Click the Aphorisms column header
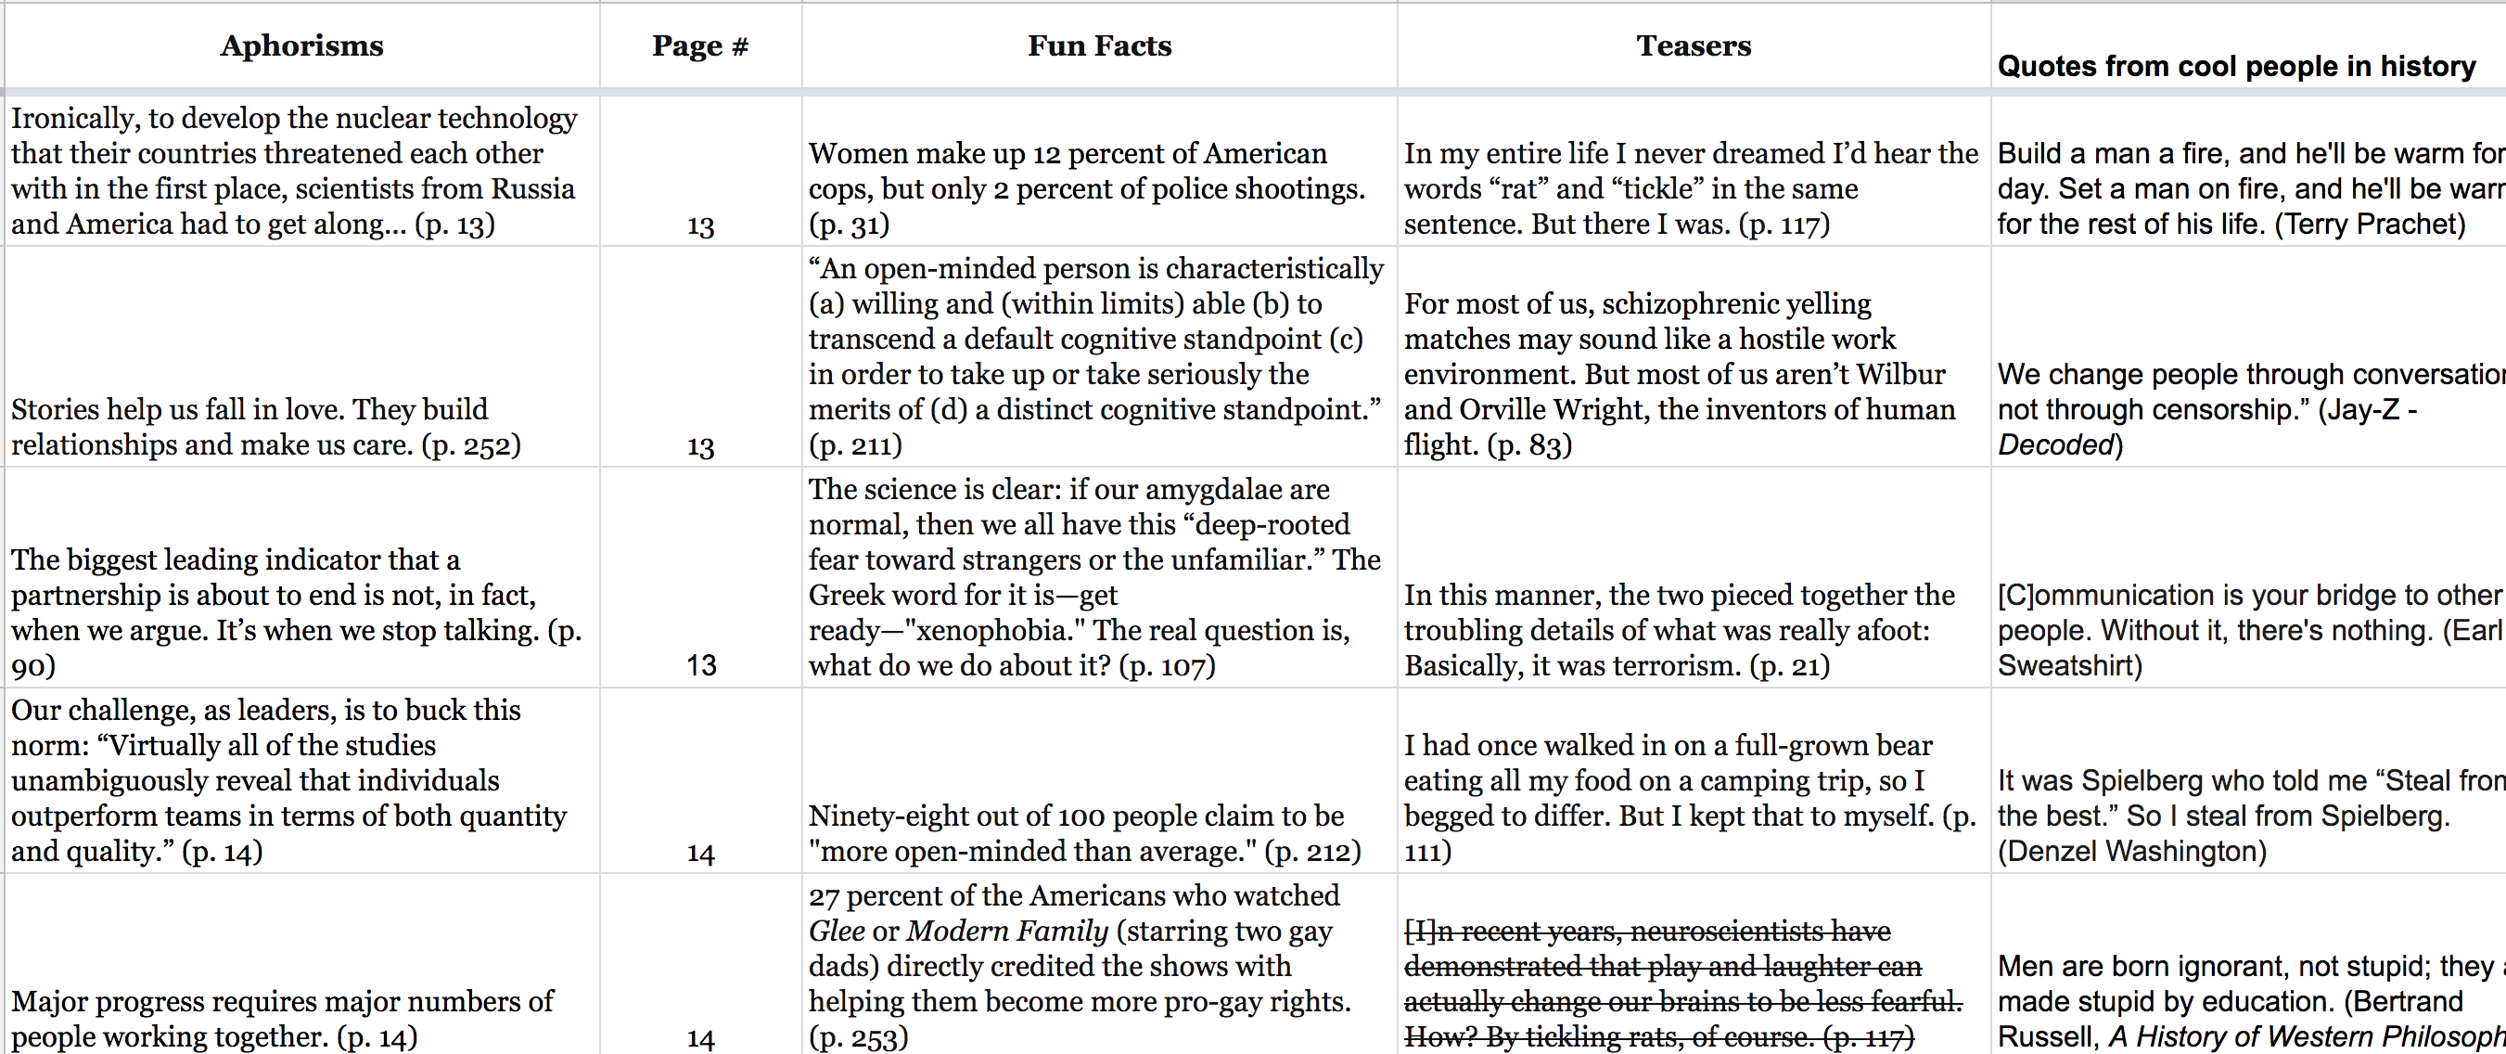pos(301,45)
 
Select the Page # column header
pos(700,45)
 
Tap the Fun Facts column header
pos(1099,45)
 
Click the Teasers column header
pos(1694,45)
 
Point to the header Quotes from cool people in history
pos(2236,66)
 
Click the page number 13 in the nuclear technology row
pos(700,225)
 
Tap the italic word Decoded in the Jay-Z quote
pos(2055,444)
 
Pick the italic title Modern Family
pos(1007,932)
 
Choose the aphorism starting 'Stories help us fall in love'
pos(265,427)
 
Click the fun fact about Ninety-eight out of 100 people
pos(1083,833)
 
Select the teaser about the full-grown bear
pos(1689,798)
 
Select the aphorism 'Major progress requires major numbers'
pos(282,1019)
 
